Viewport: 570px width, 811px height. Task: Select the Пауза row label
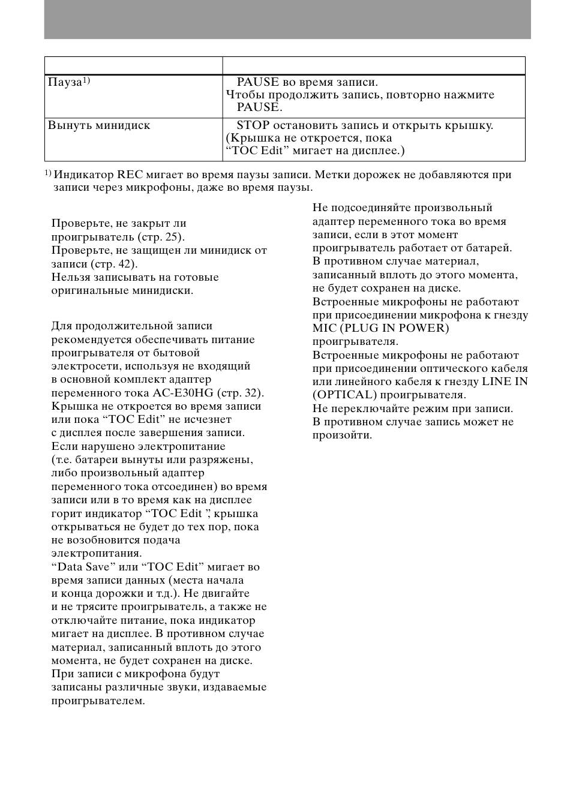[64, 82]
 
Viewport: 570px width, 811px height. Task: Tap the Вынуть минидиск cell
[99, 125]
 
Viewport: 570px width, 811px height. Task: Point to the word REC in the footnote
[129, 175]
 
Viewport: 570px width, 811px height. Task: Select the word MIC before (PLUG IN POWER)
[325, 328]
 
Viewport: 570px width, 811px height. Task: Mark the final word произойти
[342, 435]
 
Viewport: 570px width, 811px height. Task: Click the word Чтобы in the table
[244, 95]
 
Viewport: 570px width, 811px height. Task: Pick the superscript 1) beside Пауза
[86, 80]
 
